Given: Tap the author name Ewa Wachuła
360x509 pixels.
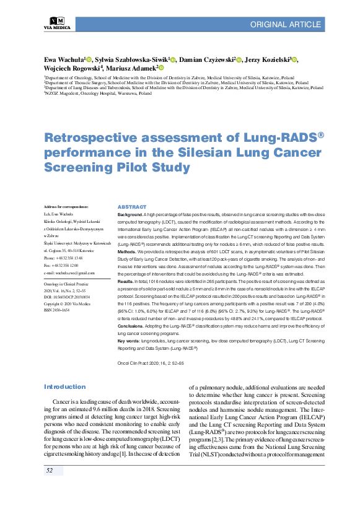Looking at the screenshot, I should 64,59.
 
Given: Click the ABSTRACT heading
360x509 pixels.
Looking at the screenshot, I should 131,207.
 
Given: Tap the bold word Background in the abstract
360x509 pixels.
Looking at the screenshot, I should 131,213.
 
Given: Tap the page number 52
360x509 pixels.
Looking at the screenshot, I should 50,471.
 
